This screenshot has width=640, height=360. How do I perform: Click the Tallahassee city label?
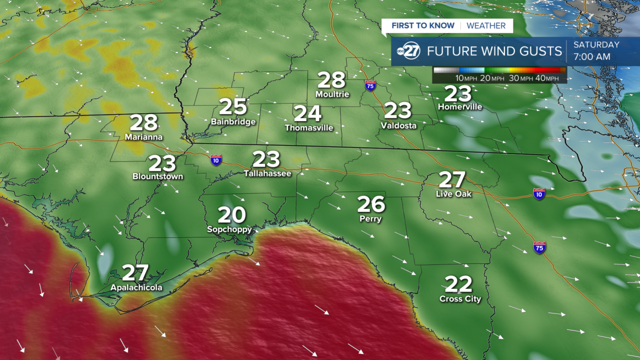[x=267, y=173]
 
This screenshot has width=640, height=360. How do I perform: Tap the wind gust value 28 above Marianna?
[x=144, y=123]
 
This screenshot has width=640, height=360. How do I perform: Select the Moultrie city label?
[x=332, y=94]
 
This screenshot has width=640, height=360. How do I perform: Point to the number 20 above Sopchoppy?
[x=232, y=215]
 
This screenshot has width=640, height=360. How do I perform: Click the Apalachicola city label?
[x=136, y=287]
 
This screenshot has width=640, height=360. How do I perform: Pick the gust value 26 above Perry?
[x=371, y=204]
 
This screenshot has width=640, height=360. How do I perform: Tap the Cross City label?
[x=460, y=299]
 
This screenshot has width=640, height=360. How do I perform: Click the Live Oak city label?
[x=453, y=194]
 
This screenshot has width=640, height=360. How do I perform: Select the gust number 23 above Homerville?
[x=458, y=93]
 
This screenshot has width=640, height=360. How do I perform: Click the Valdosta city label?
[x=398, y=125]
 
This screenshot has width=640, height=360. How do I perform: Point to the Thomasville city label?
[x=309, y=127]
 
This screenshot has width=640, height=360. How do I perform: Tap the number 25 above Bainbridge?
[x=233, y=106]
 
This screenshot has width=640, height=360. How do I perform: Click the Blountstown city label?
[x=157, y=176]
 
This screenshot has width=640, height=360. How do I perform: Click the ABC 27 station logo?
[x=408, y=51]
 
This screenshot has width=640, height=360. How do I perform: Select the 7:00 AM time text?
[x=592, y=57]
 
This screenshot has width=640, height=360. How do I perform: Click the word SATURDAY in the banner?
[x=596, y=44]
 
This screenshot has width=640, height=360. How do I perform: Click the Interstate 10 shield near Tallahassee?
[x=216, y=159]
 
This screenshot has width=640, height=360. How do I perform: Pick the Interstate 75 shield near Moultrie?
[x=370, y=85]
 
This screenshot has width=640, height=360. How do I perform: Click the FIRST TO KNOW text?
[x=423, y=25]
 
